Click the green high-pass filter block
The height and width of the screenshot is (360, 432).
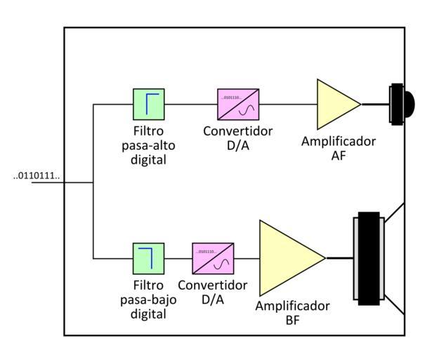coord(149,104)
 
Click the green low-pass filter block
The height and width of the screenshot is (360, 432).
coord(149,258)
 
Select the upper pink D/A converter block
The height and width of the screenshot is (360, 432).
coord(238,104)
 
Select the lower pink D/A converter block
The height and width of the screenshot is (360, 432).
coord(213,258)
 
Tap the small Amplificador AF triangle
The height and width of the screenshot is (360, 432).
coord(335,104)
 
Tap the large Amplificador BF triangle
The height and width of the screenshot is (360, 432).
coord(287,258)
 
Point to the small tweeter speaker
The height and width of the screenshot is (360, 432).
coord(400,104)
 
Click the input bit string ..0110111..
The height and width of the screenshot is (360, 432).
coord(37,176)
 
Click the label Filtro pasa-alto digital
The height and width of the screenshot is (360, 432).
coord(149,145)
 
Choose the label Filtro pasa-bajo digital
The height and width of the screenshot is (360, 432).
coord(149,300)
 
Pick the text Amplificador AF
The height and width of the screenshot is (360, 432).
coord(338,148)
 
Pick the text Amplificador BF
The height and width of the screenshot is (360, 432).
coord(292,313)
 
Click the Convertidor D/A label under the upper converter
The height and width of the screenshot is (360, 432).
coord(238,138)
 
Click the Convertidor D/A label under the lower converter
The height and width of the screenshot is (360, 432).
coord(213,292)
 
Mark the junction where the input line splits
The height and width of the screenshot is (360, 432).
coord(93,183)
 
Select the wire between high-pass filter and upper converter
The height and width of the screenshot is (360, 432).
coord(191,104)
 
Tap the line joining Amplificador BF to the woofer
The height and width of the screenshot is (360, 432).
coord(340,258)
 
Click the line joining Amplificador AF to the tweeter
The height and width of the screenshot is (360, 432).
coord(376,104)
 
